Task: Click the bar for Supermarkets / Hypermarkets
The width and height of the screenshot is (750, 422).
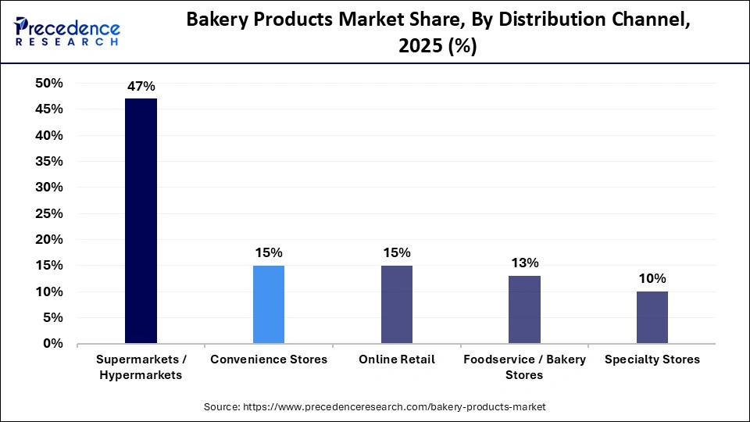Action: (141, 221)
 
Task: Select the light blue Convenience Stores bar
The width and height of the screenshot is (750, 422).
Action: (269, 304)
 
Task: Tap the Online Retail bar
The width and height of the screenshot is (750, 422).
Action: (396, 304)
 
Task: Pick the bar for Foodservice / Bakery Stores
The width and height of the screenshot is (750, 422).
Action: (524, 309)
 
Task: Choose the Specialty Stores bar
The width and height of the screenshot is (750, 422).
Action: (652, 317)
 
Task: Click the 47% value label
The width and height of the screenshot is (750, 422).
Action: (141, 85)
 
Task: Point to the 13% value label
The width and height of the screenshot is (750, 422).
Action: (524, 263)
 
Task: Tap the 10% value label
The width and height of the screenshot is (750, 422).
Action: (652, 278)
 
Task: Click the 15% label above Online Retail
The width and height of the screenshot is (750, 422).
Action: (396, 252)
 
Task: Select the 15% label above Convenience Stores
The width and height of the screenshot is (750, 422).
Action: (269, 252)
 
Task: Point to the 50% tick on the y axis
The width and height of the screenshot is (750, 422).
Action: (48, 84)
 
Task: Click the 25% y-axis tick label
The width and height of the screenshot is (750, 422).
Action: (48, 213)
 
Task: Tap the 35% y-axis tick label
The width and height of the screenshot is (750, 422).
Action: (48, 162)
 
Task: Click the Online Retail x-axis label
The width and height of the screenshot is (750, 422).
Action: (396, 359)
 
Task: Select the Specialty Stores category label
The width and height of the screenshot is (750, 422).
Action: (652, 359)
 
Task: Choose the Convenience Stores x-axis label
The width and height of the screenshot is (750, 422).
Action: (269, 359)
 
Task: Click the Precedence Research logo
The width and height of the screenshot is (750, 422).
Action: (67, 30)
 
